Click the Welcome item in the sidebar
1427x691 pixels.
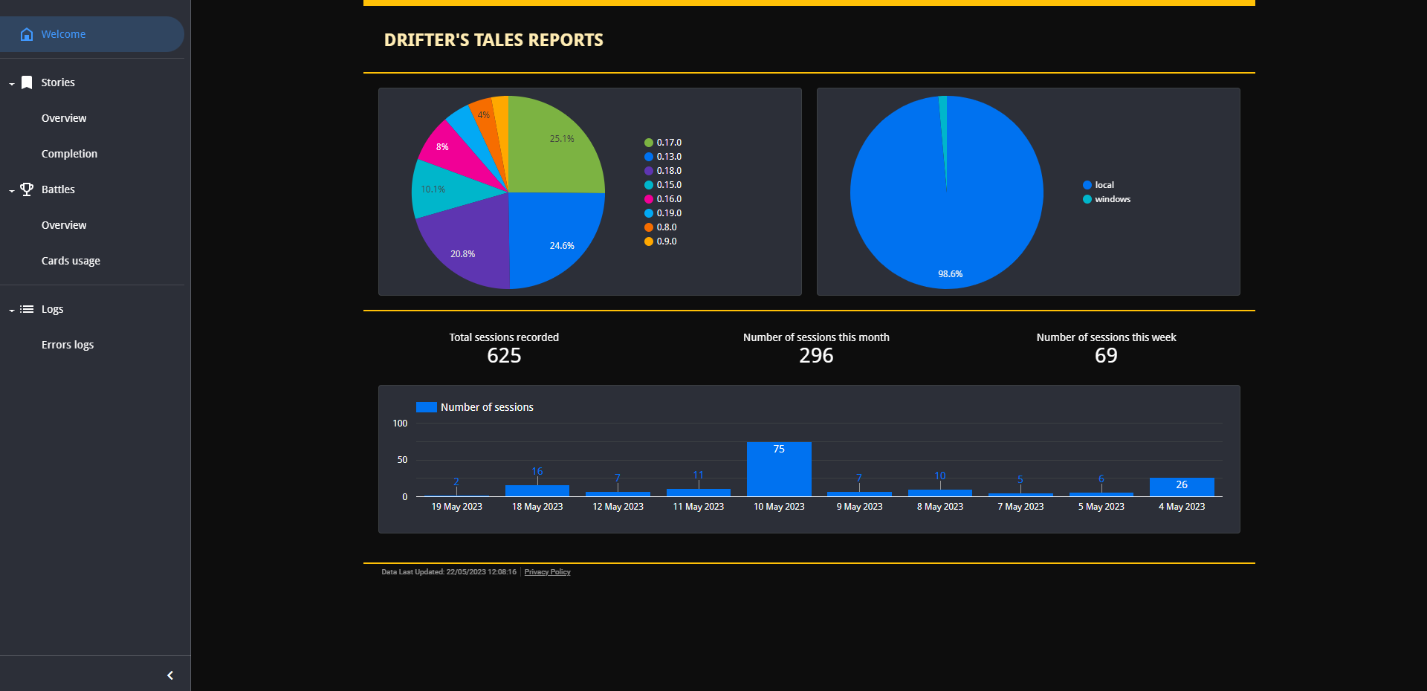63,34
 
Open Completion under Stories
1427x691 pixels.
69,154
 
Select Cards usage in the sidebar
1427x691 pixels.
71,261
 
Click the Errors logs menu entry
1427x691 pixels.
68,345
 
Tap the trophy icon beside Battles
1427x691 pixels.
27,189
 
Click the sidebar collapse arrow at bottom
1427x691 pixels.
170,675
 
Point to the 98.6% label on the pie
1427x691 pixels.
950,274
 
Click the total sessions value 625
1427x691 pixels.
504,356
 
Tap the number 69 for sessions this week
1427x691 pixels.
1106,356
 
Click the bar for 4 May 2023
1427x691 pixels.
1182,487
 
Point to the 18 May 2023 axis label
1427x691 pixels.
537,507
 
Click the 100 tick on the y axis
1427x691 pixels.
400,424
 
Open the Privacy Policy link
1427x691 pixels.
547,572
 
